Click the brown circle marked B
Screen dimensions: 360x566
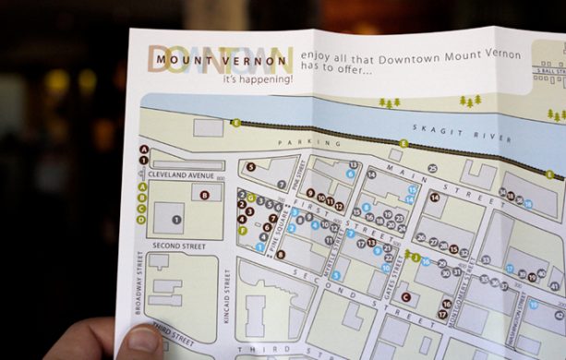(x=204, y=195)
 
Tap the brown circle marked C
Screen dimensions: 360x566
(x=405, y=297)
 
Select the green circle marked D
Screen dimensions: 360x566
(x=141, y=219)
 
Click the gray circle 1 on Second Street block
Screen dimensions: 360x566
(x=177, y=219)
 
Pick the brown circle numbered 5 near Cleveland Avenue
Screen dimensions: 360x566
(x=250, y=167)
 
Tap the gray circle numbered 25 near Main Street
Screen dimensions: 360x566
(x=431, y=169)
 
